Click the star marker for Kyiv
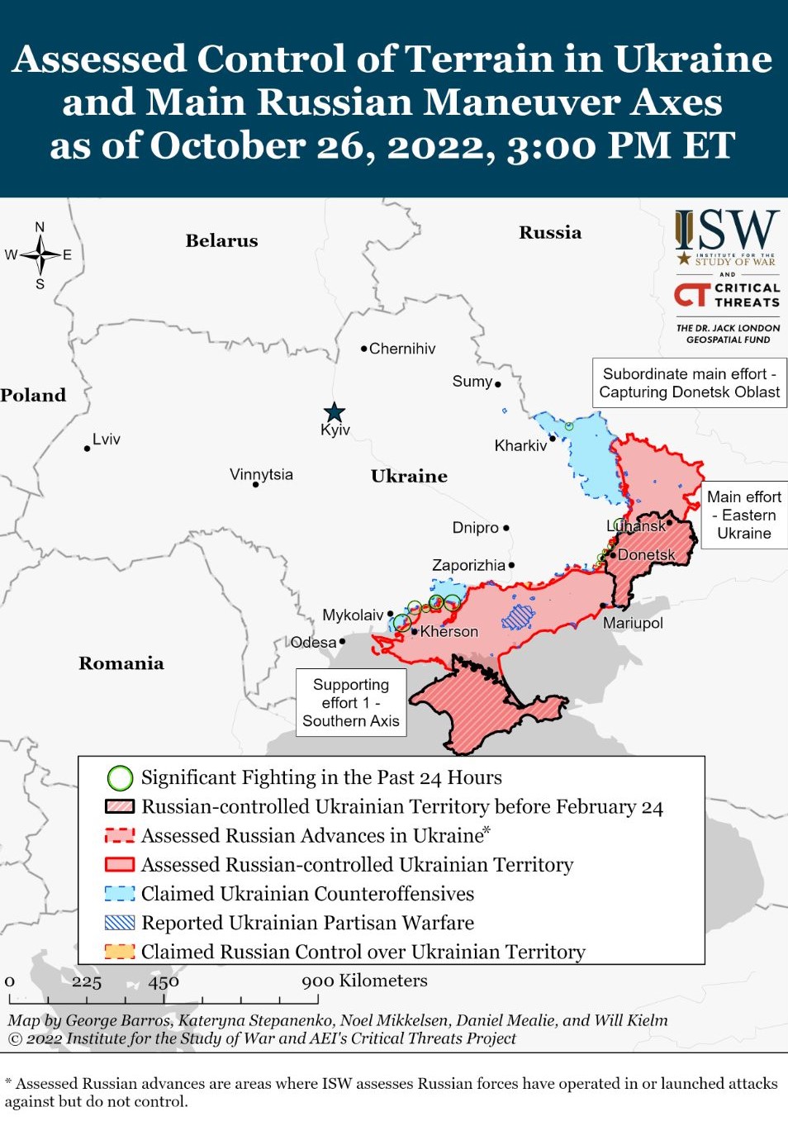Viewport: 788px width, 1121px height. (334, 412)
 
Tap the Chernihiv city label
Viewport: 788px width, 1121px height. (401, 349)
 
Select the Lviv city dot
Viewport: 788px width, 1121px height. (87, 449)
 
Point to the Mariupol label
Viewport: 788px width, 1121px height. (633, 623)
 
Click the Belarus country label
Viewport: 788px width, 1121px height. (221, 240)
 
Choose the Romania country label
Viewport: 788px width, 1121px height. (121, 663)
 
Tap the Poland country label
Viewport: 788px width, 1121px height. (33, 395)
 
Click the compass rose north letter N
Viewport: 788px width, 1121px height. (40, 227)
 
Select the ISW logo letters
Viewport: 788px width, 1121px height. (727, 230)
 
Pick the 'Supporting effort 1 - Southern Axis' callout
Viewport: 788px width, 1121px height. (351, 702)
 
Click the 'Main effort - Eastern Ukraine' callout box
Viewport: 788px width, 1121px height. (744, 515)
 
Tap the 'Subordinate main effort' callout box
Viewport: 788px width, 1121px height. (689, 382)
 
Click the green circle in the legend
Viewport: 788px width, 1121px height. (120, 777)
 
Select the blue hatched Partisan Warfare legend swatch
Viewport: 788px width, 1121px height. (120, 922)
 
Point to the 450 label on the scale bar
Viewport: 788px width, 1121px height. (164, 981)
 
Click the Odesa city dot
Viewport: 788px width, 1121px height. (342, 641)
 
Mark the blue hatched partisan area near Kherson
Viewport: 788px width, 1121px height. (519, 616)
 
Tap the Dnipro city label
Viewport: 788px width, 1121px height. (476, 528)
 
